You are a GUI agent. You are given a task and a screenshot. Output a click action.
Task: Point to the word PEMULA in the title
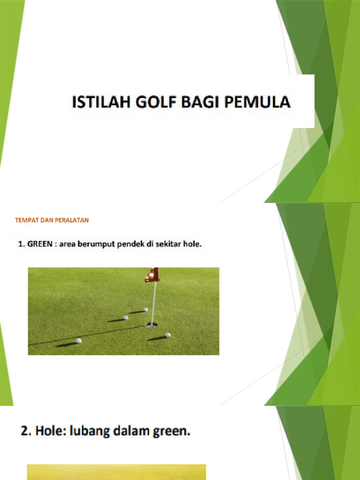click(260, 102)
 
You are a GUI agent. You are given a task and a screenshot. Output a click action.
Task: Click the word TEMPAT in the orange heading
click(27, 220)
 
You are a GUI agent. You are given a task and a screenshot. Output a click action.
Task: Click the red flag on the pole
click(152, 275)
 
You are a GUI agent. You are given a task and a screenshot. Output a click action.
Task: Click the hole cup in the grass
click(151, 324)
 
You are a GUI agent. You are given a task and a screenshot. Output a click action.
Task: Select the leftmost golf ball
click(78, 341)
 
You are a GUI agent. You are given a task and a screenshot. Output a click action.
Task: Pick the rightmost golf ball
click(167, 335)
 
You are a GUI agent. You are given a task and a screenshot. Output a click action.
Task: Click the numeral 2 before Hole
click(25, 432)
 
